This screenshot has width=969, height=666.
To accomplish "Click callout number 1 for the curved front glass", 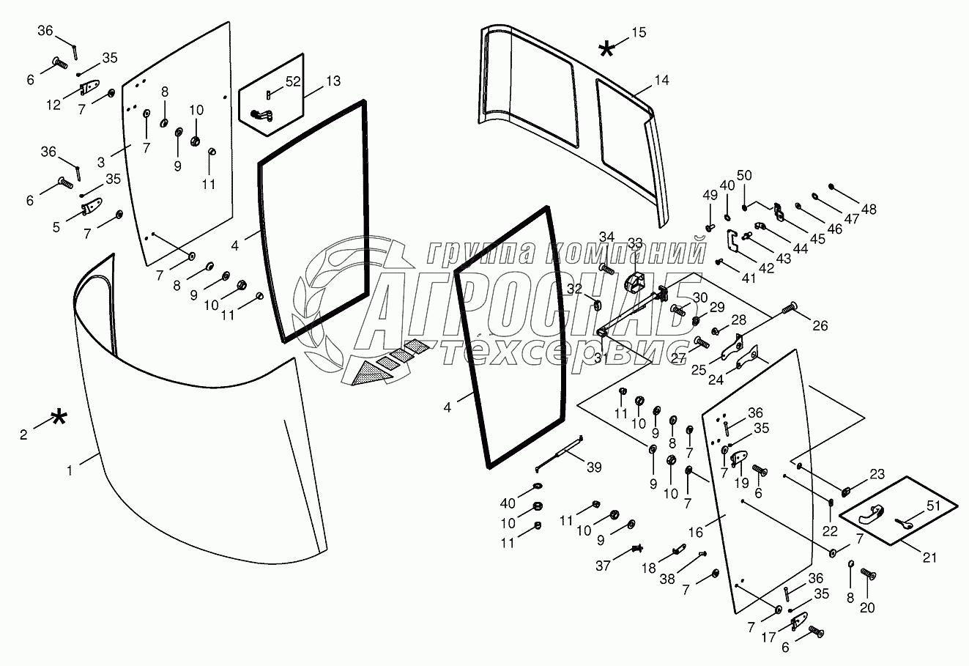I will coord(70,472).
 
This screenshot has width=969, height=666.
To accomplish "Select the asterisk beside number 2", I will coord(59,418).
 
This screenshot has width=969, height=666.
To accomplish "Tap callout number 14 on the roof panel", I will coord(661,81).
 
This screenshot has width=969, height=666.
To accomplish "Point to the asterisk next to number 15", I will coord(606,49).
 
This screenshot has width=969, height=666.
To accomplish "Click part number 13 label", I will coord(333,81).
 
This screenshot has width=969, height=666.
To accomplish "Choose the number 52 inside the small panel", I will coord(293,81).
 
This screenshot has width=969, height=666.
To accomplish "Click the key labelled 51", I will coord(903,522).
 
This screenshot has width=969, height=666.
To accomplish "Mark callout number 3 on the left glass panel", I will coord(101,160).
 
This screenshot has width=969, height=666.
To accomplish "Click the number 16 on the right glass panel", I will coord(695,531).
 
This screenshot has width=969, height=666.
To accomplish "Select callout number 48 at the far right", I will coord(869,209).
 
